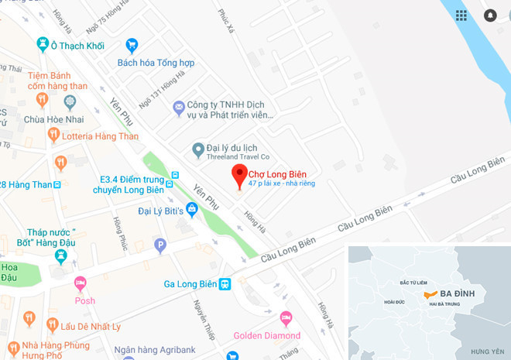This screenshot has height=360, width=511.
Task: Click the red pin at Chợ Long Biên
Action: coord(240,173)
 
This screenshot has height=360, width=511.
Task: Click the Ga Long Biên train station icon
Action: coord(225,284)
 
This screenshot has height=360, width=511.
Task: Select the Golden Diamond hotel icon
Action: coord(286,318)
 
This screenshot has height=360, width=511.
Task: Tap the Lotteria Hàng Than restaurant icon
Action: coord(53,135)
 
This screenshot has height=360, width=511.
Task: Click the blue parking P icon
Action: coord(160,246)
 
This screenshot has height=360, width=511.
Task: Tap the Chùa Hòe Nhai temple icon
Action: coord(70,101)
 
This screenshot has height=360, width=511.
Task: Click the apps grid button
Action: coord(461,15)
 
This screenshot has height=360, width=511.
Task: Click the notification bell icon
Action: coord(490,15)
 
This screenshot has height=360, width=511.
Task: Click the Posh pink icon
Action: coord(80,283)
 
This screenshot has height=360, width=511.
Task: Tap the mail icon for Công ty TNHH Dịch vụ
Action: coord(178,105)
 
